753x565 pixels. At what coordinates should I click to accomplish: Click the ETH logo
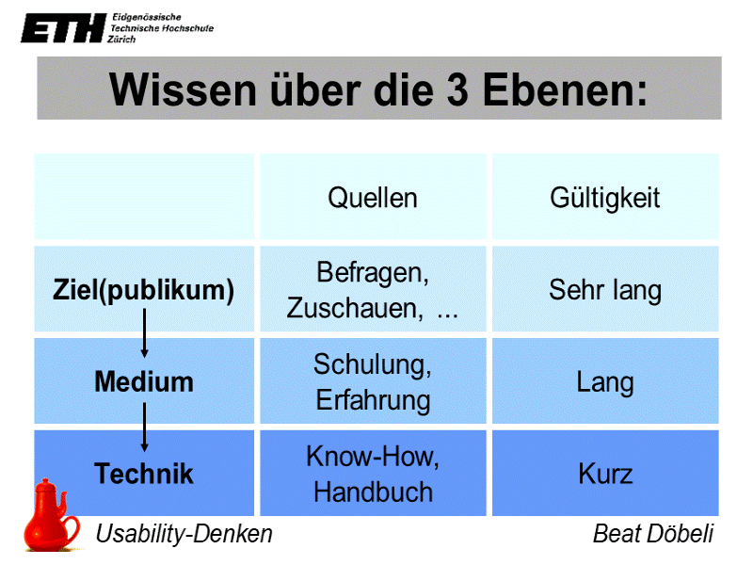pyautogui.click(x=62, y=28)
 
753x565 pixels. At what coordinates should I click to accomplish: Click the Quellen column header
pyautogui.click(x=373, y=198)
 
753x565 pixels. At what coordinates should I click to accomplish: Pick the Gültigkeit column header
pyautogui.click(x=604, y=198)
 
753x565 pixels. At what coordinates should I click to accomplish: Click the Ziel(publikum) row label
pyautogui.click(x=143, y=290)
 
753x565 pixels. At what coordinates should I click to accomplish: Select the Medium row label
pyautogui.click(x=144, y=382)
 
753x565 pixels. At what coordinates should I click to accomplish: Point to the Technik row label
pyautogui.click(x=144, y=473)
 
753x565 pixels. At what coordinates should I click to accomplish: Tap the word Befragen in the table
pyautogui.click(x=373, y=274)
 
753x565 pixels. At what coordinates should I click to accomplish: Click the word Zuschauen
pyautogui.click(x=354, y=308)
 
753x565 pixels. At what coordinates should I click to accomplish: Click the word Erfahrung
pyautogui.click(x=373, y=400)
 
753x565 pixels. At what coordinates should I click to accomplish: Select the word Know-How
pyautogui.click(x=373, y=457)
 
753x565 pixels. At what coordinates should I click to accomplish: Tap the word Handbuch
pyautogui.click(x=373, y=492)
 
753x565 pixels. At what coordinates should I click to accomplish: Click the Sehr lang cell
pyautogui.click(x=604, y=290)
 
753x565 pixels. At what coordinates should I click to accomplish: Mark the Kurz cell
pyautogui.click(x=604, y=473)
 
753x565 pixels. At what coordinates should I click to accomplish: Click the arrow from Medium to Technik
pyautogui.click(x=144, y=426)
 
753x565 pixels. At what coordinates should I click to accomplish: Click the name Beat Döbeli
pyautogui.click(x=652, y=534)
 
